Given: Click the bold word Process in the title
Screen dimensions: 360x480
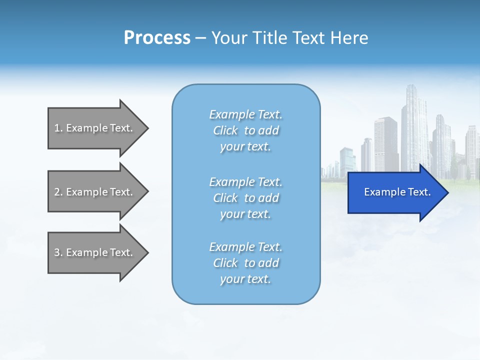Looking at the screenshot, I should coord(157,38).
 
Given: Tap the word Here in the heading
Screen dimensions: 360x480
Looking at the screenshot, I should coord(349,38).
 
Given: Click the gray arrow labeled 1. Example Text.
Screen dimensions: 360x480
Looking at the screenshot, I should coord(95,128).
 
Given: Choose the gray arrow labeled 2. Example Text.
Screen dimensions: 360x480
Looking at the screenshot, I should coord(95,192).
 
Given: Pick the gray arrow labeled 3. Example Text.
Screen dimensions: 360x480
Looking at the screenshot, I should coord(95,252).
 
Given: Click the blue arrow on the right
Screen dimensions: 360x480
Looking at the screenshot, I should coord(395,192).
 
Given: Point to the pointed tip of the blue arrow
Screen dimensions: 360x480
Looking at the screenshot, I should coord(447,192).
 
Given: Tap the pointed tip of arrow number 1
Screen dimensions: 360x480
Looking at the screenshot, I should coord(147,128).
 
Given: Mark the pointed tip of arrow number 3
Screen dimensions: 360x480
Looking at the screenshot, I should coord(147,252).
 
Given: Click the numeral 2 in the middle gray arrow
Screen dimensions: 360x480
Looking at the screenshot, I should coord(57,192).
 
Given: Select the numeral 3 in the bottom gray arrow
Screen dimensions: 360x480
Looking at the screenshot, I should coord(57,252).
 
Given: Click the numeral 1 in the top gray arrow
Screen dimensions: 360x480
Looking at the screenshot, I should coord(57,128).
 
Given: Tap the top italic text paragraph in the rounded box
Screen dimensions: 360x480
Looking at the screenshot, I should coord(245,130).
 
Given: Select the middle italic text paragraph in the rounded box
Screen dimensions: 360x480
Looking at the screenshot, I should coord(245,198).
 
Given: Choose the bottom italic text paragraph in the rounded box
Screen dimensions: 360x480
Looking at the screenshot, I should coord(245,263).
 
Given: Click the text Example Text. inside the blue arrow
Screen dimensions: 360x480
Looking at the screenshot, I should coord(397,192).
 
